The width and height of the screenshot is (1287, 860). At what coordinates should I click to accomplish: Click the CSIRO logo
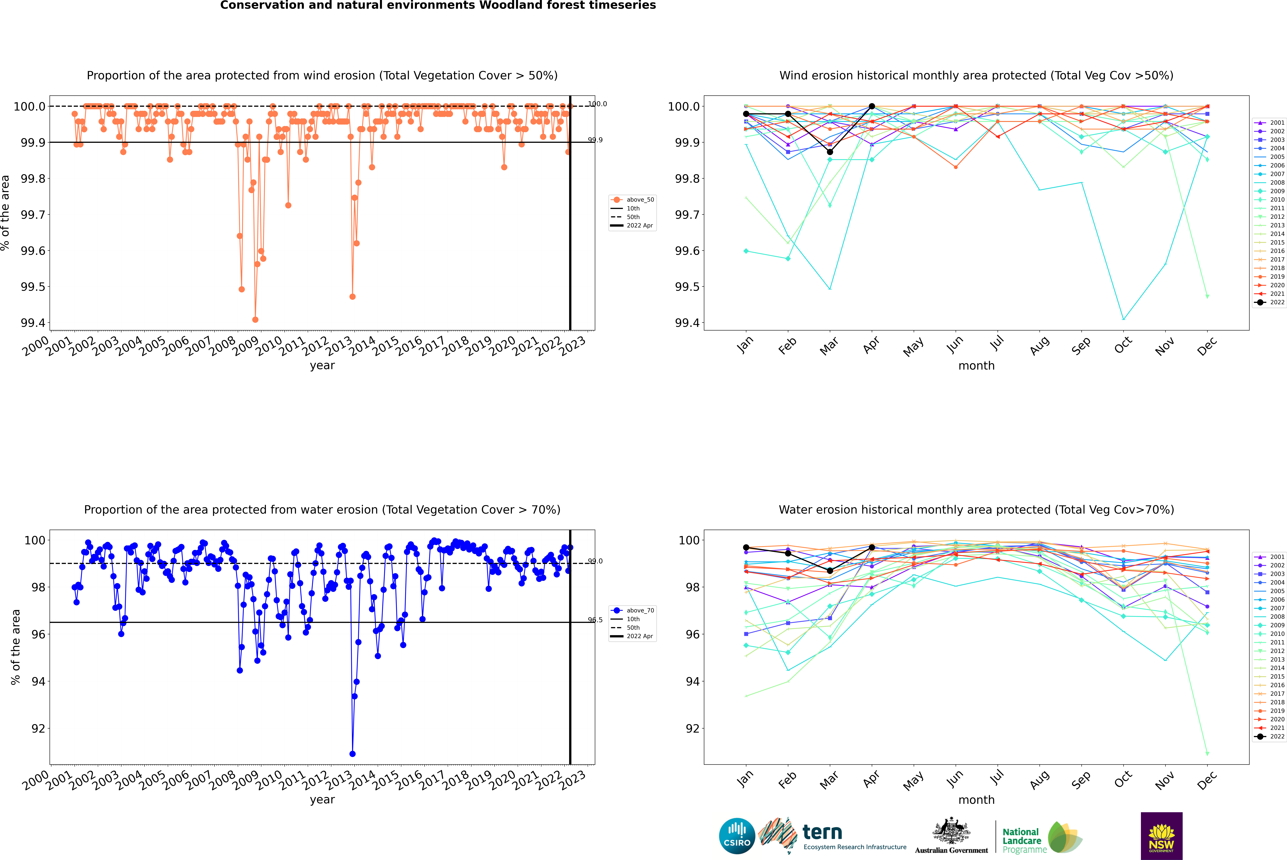click(x=737, y=836)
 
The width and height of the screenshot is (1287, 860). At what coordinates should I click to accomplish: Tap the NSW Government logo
click(x=1161, y=836)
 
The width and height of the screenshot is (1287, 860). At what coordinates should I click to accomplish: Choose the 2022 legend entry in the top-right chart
click(x=1277, y=302)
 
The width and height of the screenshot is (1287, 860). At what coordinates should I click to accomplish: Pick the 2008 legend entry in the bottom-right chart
click(x=1277, y=616)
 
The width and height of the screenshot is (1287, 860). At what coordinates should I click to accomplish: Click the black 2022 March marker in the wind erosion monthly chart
click(x=830, y=152)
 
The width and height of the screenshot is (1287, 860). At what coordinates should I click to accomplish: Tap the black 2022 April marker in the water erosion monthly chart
click(x=872, y=547)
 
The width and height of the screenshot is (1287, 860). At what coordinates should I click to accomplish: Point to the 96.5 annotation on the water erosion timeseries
click(x=595, y=620)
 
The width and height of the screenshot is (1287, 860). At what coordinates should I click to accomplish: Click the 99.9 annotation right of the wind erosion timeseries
click(x=595, y=140)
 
